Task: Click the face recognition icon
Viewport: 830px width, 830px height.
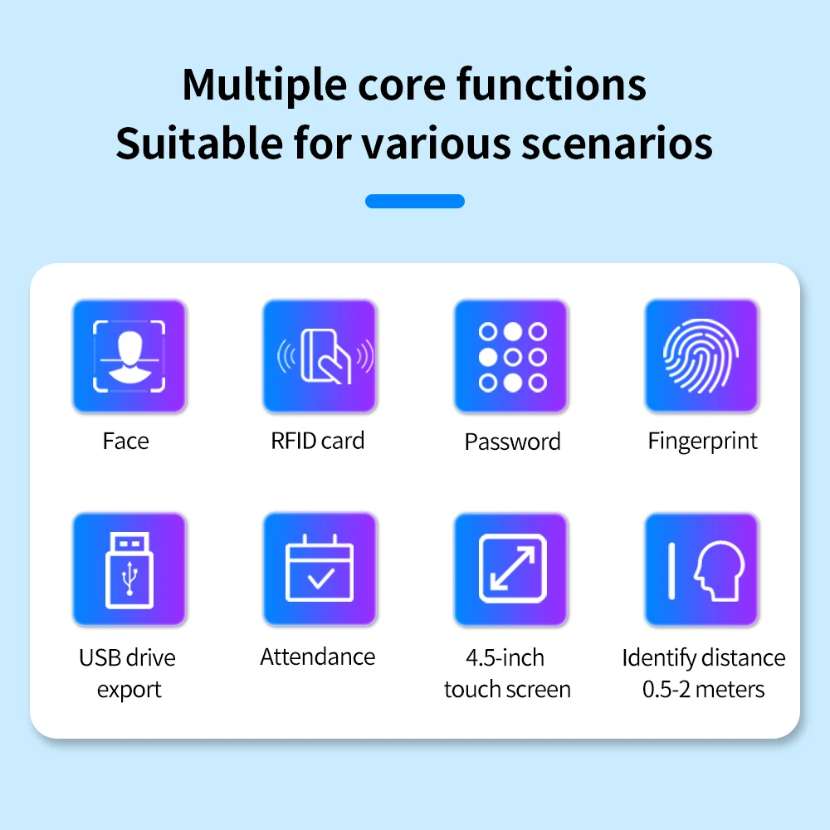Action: (129, 356)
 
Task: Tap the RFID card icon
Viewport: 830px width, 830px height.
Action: (320, 356)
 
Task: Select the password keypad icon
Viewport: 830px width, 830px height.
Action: (510, 356)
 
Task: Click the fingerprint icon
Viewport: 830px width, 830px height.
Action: (701, 356)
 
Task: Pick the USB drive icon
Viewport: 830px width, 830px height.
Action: (129, 569)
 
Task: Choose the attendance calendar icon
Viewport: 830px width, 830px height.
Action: (320, 569)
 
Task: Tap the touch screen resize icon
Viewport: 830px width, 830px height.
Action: (510, 569)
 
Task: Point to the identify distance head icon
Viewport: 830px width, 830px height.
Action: (701, 569)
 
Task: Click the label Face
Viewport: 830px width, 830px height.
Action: (126, 441)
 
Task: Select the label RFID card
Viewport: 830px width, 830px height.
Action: (318, 441)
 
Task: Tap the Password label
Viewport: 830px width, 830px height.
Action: (512, 442)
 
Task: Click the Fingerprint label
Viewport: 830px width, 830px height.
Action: (702, 442)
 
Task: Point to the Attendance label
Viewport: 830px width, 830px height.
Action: (318, 657)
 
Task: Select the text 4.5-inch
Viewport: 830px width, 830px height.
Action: (505, 657)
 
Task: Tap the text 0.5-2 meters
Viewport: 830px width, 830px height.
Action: (704, 689)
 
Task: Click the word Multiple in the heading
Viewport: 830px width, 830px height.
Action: (265, 85)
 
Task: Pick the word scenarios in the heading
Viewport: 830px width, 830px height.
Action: (618, 144)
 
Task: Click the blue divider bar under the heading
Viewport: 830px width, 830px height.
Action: (415, 201)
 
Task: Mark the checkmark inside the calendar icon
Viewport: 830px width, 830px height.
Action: (320, 578)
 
